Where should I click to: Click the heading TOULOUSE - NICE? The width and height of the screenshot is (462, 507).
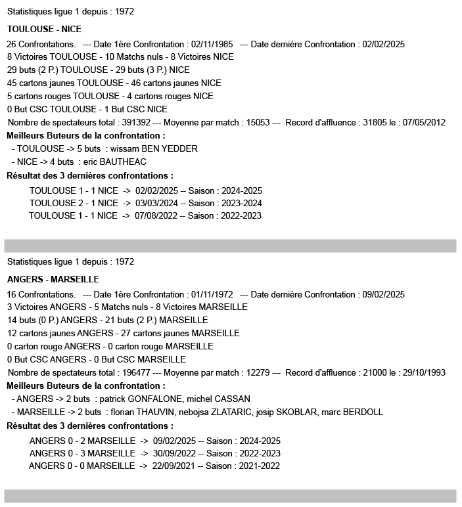click(x=44, y=30)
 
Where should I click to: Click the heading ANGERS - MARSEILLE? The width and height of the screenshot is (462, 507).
click(x=53, y=280)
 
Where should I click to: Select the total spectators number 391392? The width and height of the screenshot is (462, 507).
click(x=133, y=122)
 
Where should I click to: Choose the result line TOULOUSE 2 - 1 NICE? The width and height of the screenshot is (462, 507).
click(x=74, y=203)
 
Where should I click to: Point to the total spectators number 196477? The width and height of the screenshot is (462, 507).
click(x=133, y=372)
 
